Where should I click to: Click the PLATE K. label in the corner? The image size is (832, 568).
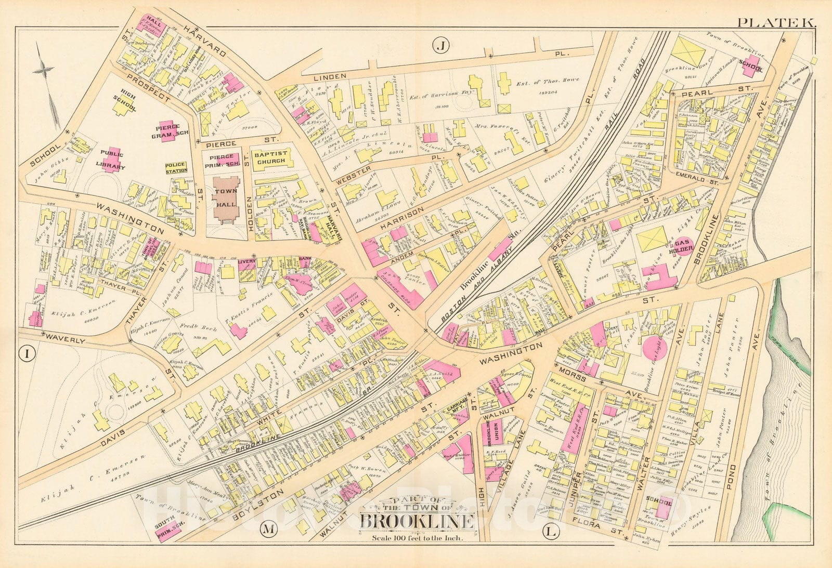coord(777,22)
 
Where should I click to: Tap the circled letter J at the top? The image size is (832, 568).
coord(440,46)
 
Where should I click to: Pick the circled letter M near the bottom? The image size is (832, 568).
coord(268,530)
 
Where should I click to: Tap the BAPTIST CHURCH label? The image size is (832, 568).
coord(269,157)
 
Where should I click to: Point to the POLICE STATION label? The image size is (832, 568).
coord(176,168)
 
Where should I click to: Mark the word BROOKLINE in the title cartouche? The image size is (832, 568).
coord(417,521)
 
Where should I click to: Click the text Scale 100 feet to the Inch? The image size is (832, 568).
coord(417,538)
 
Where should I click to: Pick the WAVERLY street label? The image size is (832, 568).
coord(65,340)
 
